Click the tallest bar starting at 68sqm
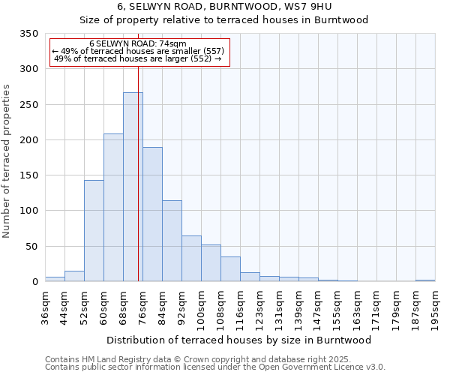point(133,187)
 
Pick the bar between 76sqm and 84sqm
point(152,214)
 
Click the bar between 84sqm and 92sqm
point(172,241)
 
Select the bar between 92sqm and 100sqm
point(191,259)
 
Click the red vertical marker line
point(138,172)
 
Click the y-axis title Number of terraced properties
point(7,161)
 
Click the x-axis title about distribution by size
point(239,340)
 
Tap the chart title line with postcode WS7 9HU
point(224,7)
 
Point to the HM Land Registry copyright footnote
point(202,359)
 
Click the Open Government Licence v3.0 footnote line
point(214,367)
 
